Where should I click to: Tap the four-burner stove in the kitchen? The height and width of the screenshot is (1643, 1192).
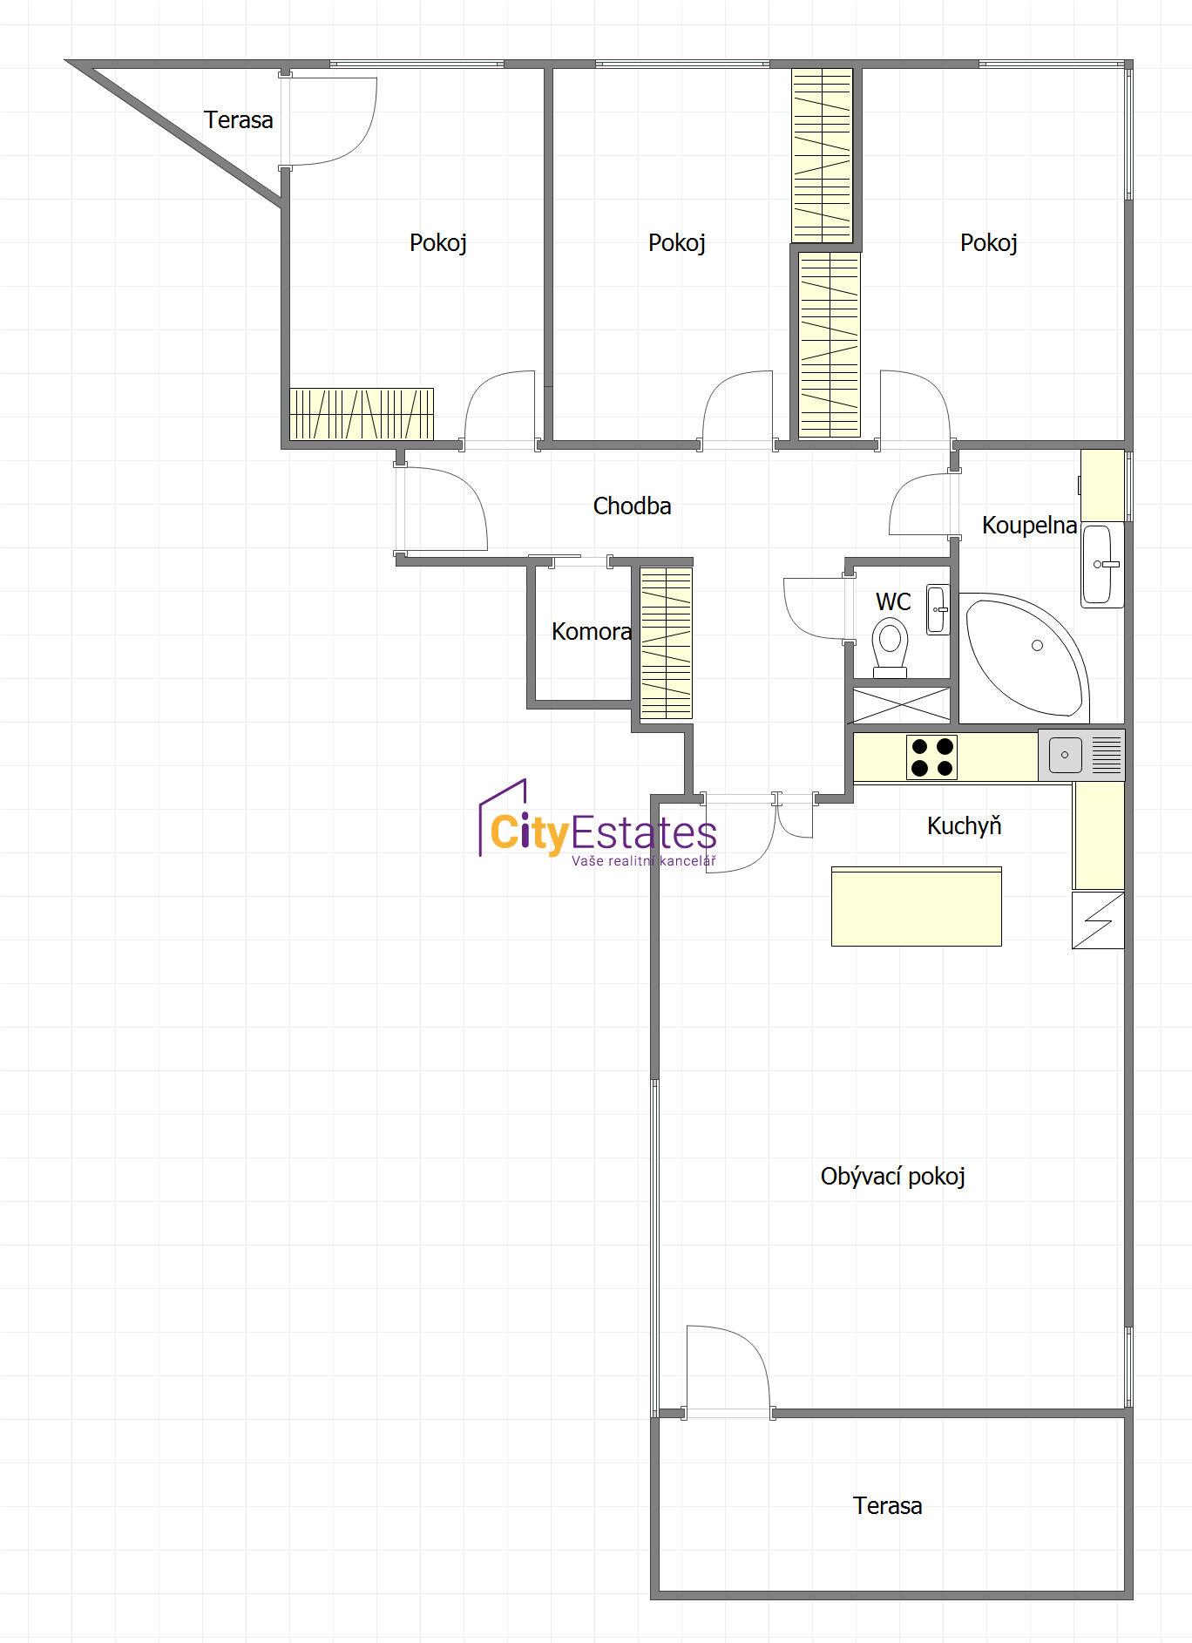[x=931, y=757]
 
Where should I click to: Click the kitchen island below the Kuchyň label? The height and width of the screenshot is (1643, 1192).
[x=917, y=906]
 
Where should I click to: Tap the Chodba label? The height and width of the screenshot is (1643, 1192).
[x=632, y=506]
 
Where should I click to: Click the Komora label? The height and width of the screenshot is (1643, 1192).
[x=592, y=632]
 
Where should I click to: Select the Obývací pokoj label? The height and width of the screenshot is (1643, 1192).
[x=893, y=1177]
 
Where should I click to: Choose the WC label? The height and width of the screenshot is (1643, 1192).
[x=893, y=601]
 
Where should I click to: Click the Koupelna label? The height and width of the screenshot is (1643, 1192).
[x=1029, y=526]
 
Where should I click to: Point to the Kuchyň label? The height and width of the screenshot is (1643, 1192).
[x=964, y=825]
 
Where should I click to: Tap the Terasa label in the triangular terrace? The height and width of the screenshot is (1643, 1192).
[x=239, y=120]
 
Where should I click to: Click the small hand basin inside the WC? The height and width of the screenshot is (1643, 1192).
[x=938, y=609]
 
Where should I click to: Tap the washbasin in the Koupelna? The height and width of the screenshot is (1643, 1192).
[x=1101, y=565]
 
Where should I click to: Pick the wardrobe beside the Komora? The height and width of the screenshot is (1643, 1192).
[x=667, y=643]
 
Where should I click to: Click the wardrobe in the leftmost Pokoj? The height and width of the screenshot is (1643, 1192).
[x=362, y=414]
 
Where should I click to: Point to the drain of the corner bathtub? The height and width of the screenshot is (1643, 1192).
[x=1037, y=646]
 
